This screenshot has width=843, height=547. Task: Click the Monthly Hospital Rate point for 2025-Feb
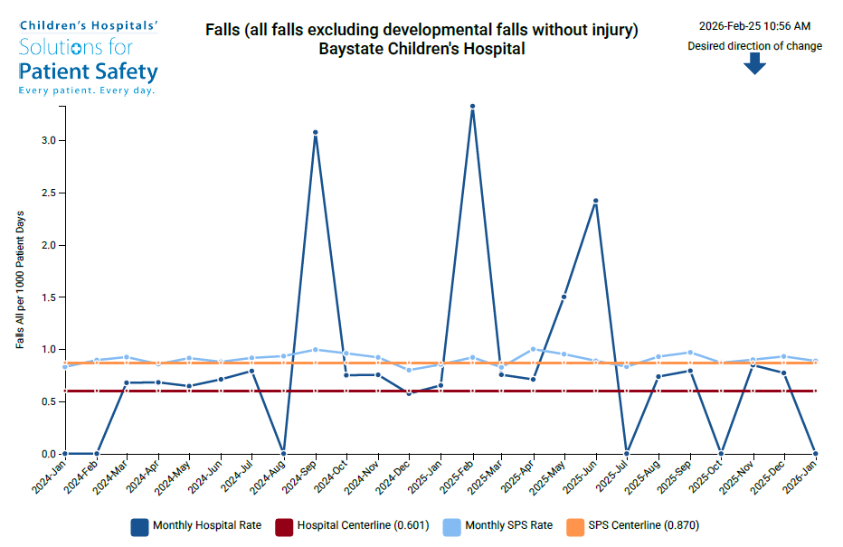tap(472, 107)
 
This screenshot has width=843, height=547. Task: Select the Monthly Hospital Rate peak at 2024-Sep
tap(315, 133)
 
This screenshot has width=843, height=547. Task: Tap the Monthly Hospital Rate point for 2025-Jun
tap(595, 201)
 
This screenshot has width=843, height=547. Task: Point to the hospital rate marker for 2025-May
tap(564, 297)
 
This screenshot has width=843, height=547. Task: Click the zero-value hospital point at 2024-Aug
tap(284, 453)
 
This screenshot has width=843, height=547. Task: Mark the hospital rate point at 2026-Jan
tap(815, 453)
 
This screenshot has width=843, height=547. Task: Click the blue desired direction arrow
tap(755, 63)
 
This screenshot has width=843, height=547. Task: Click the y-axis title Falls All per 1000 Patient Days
tap(20, 280)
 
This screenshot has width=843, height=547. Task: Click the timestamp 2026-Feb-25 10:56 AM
tap(754, 26)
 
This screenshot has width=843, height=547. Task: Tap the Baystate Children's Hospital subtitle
tap(421, 49)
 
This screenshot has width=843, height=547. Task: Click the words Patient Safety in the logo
tap(89, 71)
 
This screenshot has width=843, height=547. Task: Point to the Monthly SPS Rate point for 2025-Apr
tap(534, 349)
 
